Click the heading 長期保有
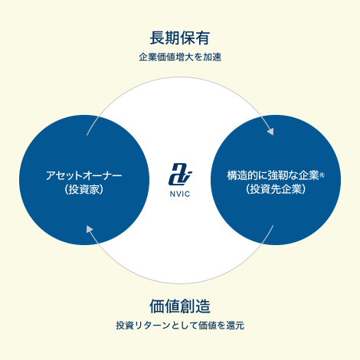[x=180, y=38]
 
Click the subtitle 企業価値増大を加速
[x=180, y=57]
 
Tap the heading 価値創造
[x=180, y=306]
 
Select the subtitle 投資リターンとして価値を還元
[x=180, y=326]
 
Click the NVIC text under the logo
[x=180, y=194]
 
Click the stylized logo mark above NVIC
[x=180, y=174]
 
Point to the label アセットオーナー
[x=84, y=175]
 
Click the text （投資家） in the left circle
[x=84, y=189]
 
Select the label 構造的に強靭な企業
[x=273, y=175]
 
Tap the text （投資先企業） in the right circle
[x=276, y=189]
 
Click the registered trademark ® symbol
[x=322, y=175]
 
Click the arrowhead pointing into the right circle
[x=270, y=131]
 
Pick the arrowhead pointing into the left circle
[x=90, y=229]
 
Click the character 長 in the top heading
[x=157, y=38]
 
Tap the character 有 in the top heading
[x=203, y=38]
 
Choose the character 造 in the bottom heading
[x=203, y=306]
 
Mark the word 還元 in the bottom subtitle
[x=235, y=326]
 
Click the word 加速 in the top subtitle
[x=212, y=57]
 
